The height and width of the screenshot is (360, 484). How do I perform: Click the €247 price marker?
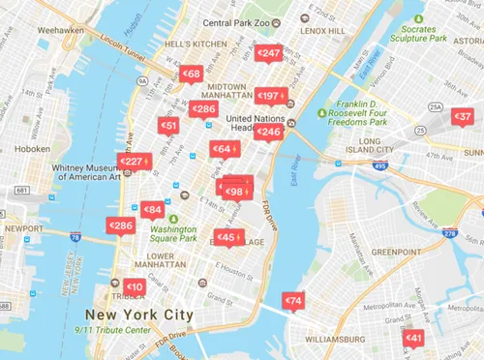pos(269,53)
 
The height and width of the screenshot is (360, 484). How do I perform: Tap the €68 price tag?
pos(191,74)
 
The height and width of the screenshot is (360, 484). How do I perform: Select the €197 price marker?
pos(269,96)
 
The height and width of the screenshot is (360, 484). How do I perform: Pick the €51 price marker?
pos(168,126)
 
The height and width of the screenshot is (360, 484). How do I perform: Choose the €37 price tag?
pos(464,116)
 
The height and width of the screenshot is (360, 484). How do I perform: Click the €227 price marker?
pos(132,162)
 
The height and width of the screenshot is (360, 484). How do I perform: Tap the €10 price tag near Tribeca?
pos(135,286)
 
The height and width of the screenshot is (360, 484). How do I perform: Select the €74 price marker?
pos(293,301)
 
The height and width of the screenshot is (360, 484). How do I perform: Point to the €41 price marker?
pos(413,338)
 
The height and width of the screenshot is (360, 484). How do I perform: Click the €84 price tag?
pos(152,209)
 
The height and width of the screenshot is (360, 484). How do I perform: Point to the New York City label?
pos(138,315)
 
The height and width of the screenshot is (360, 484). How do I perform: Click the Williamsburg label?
pos(321,340)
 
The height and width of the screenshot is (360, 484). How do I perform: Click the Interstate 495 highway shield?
pos(380,166)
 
